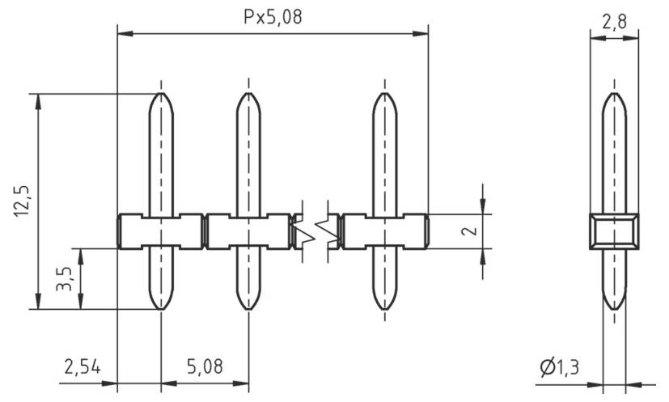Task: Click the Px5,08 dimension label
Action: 273,18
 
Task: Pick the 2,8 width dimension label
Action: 614,23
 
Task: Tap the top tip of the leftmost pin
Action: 161,95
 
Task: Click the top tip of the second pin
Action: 248,95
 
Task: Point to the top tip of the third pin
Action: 384,95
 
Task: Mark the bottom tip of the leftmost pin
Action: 161,309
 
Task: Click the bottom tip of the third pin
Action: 384,309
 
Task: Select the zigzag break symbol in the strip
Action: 315,231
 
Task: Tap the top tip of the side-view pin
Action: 614,95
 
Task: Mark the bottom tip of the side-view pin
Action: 614,309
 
